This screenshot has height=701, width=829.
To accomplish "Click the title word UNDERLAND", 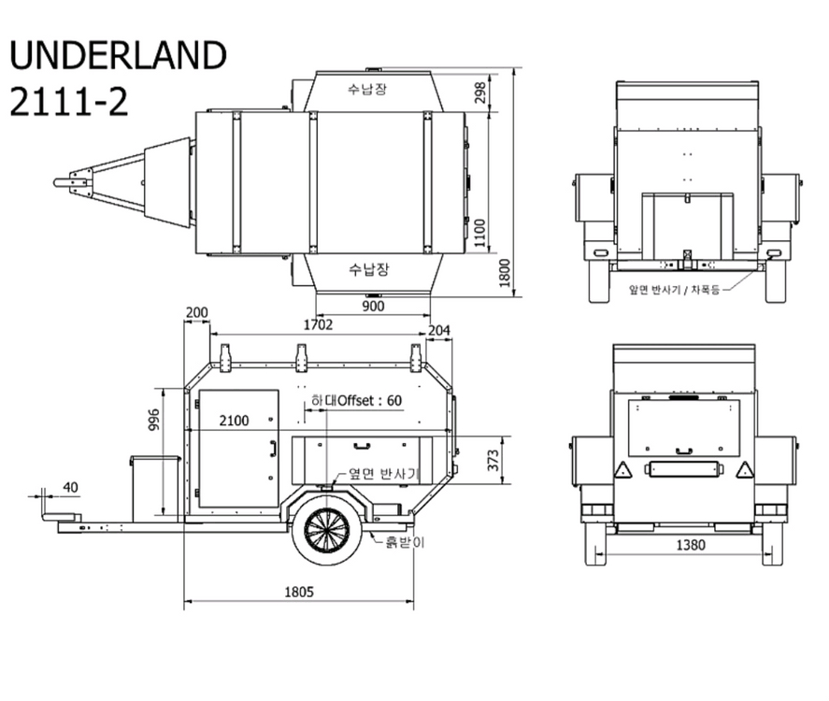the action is pyautogui.click(x=118, y=54).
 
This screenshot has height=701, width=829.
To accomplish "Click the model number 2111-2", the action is pyautogui.click(x=69, y=102).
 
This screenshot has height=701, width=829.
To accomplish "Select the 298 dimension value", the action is pyautogui.click(x=480, y=93).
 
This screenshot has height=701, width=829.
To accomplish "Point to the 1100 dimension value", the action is pyautogui.click(x=479, y=233).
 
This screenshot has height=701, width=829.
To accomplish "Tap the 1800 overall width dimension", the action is pyautogui.click(x=505, y=273).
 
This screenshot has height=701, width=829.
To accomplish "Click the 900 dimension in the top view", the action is pyautogui.click(x=373, y=306).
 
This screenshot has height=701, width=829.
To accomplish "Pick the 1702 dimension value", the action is pyautogui.click(x=318, y=324).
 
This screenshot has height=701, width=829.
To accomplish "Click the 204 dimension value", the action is pyautogui.click(x=439, y=331).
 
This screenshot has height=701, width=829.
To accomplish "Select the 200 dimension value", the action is pyautogui.click(x=196, y=312).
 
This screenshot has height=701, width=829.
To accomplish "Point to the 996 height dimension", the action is pyautogui.click(x=153, y=420).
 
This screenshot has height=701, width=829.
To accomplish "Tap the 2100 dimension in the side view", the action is pyautogui.click(x=234, y=421).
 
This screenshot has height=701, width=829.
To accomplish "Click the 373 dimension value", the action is pyautogui.click(x=493, y=460).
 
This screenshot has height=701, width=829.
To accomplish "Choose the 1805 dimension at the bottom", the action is pyautogui.click(x=299, y=592).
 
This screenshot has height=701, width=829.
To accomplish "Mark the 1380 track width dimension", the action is pyautogui.click(x=691, y=545).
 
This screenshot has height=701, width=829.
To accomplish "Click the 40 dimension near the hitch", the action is pyautogui.click(x=70, y=487).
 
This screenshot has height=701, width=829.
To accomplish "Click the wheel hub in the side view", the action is pyautogui.click(x=327, y=530).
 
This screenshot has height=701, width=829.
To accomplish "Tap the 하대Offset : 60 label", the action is pyautogui.click(x=356, y=400).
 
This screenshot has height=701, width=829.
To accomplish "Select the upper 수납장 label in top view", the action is pyautogui.click(x=367, y=88).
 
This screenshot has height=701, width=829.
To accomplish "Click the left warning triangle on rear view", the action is pyautogui.click(x=622, y=469).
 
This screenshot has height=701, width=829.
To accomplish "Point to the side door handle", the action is pyautogui.click(x=273, y=448).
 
